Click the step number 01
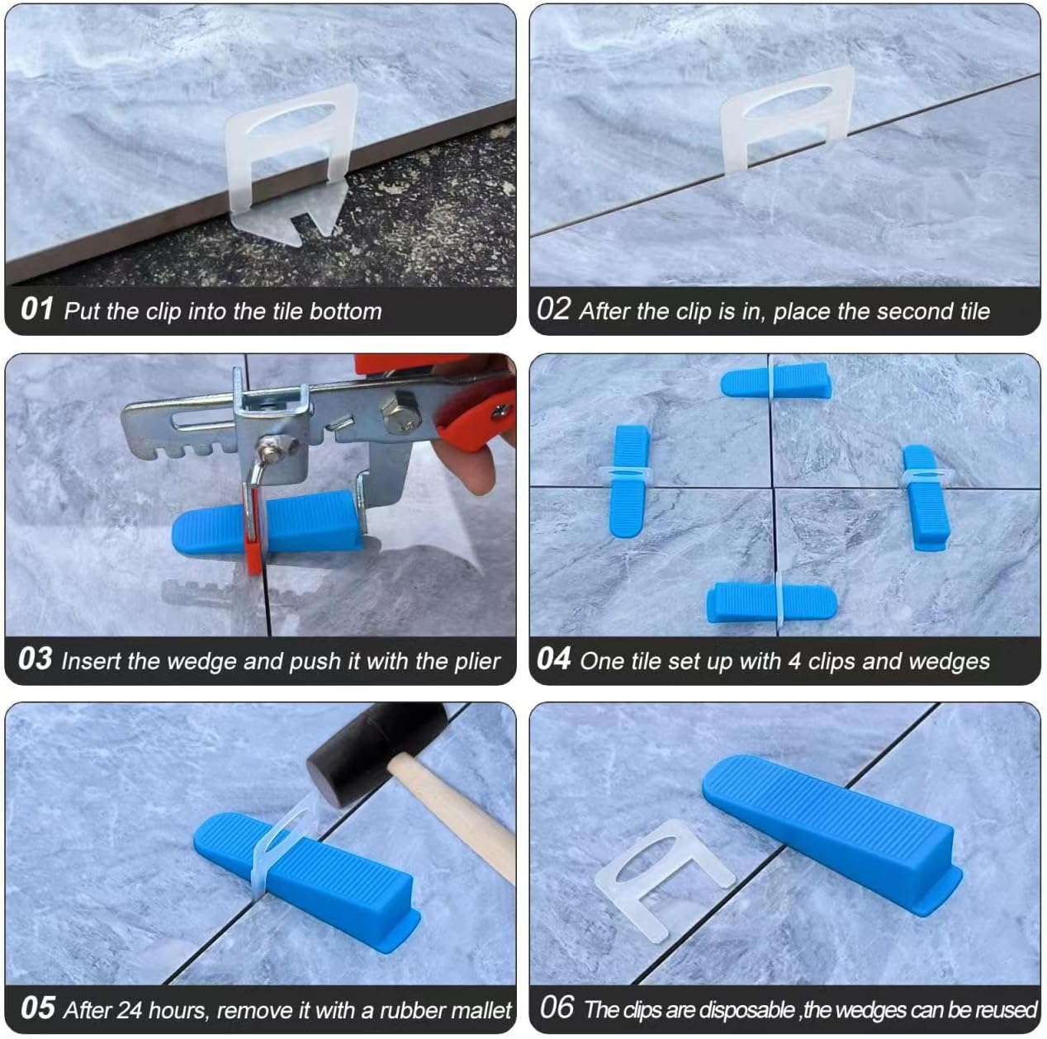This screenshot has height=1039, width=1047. click(x=37, y=310)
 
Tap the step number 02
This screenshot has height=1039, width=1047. click(x=554, y=310)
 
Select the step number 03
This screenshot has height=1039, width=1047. click(x=36, y=660)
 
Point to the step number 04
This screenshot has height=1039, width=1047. click(x=554, y=660)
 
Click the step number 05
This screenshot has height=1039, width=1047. click(x=37, y=1008)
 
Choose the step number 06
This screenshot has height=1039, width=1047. click(x=557, y=1008)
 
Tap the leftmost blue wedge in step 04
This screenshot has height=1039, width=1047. click(x=631, y=479)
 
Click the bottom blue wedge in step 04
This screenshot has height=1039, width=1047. click(x=771, y=602)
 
